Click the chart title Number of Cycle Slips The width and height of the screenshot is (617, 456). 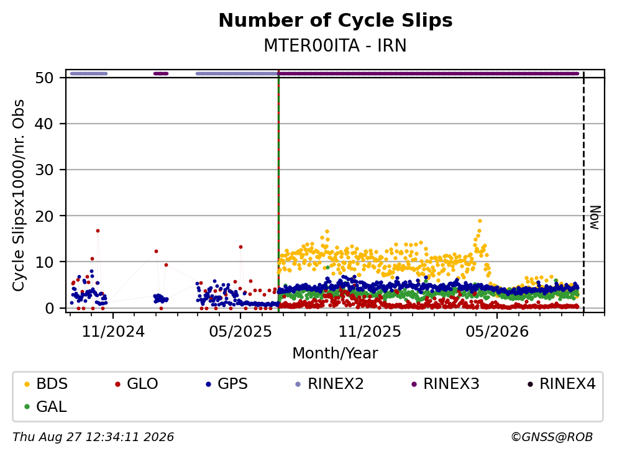click(336, 21)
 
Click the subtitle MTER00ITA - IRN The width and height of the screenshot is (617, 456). click(336, 45)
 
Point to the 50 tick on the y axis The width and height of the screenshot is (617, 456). click(44, 78)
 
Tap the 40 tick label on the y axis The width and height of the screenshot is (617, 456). click(44, 124)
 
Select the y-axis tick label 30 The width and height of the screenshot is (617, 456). click(44, 170)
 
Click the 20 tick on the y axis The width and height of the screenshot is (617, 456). click(44, 216)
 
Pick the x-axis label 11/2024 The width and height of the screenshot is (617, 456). click(113, 332)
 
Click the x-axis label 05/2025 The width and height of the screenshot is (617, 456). click(240, 332)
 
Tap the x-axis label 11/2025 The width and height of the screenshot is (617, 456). click(370, 332)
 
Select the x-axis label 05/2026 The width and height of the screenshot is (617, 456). click(497, 332)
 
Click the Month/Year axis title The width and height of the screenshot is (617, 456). click(336, 353)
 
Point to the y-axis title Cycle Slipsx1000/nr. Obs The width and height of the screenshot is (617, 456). click(19, 195)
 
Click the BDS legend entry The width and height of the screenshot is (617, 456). click(46, 383)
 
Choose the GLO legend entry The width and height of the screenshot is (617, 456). click(137, 383)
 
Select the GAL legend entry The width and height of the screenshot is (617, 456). click(45, 406)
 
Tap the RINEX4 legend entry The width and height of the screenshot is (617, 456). click(562, 383)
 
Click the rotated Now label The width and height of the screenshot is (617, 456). click(595, 217)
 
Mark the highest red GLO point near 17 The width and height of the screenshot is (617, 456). click(98, 231)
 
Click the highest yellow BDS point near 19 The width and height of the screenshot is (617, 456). click(480, 221)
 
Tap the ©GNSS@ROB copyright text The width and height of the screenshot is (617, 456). click(552, 437)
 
